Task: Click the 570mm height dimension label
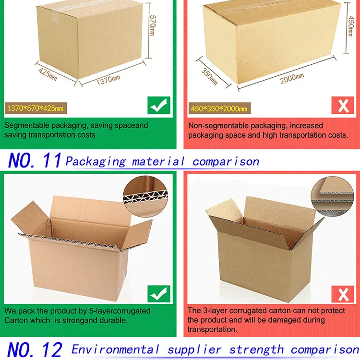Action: click(152, 25)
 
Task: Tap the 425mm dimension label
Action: click(48, 74)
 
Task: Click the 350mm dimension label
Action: click(209, 76)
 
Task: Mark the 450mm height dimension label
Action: click(350, 26)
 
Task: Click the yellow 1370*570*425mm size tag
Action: click(36, 108)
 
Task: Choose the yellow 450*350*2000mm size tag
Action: click(219, 108)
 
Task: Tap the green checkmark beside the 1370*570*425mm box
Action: click(159, 106)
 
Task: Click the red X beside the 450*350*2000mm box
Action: click(343, 106)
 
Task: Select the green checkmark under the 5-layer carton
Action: click(159, 294)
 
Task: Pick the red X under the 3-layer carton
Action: click(343, 294)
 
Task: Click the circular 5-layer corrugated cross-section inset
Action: click(145, 196)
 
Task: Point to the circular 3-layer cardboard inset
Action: click(333, 196)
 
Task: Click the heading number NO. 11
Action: click(35, 160)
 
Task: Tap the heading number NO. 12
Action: click(35, 349)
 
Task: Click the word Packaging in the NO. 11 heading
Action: click(96, 162)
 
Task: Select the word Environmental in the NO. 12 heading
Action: click(115, 349)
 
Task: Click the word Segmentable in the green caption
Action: click(26, 126)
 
